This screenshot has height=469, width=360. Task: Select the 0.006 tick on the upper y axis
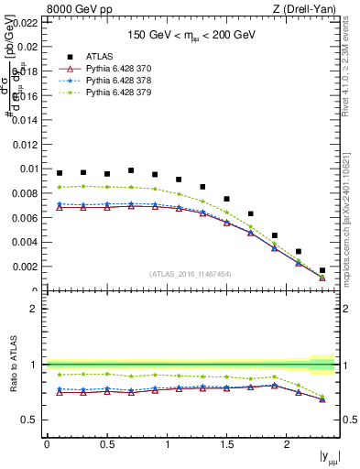tap(25, 217)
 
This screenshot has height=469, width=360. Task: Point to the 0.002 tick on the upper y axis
tap(25, 267)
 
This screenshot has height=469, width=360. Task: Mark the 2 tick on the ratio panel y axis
tap(35, 309)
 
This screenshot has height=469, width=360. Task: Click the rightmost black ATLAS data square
tap(322, 270)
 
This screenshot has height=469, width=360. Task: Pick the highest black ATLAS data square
tap(131, 170)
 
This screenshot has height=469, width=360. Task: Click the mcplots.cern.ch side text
tap(352, 229)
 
